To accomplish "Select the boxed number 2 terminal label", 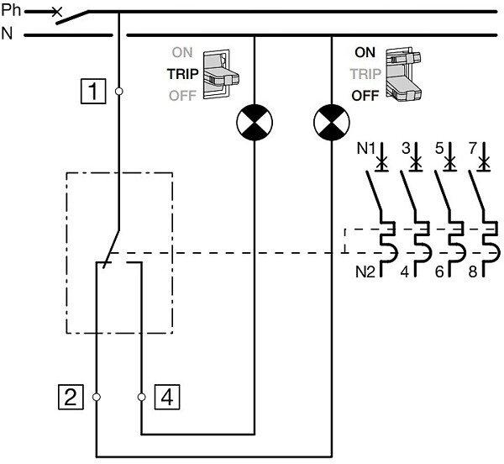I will point(71,395).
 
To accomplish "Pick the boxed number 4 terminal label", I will point(166,395).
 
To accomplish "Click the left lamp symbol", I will point(254,123).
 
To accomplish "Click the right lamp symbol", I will point(330,123).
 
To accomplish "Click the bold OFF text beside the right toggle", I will point(365,95).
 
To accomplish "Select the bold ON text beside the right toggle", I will point(365,51).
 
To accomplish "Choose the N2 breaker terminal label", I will point(365,272).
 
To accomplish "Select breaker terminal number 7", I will point(474,150).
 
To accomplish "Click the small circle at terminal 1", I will point(118,90).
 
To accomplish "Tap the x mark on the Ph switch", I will point(56,13).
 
